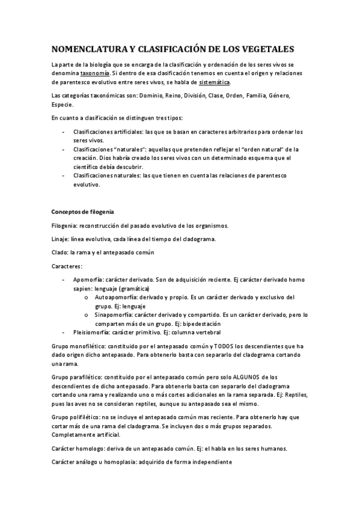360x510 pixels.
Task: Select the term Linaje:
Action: click(63, 239)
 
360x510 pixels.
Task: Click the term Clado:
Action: click(60, 253)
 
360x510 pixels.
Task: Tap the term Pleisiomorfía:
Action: click(91, 332)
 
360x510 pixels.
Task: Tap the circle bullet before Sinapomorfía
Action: click(88, 315)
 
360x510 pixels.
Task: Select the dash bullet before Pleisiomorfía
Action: click(64, 332)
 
